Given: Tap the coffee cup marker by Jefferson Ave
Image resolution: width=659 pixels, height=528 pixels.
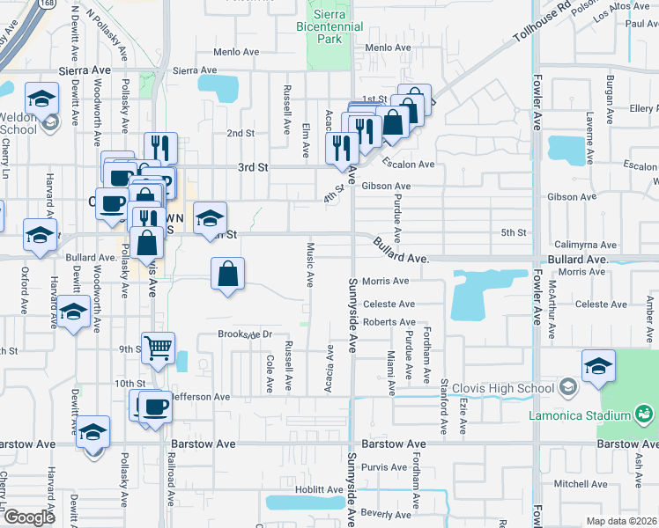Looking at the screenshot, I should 156,407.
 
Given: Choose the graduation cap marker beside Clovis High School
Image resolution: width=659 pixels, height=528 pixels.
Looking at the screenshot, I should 598,365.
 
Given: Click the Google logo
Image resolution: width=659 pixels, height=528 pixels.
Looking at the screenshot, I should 29,517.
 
